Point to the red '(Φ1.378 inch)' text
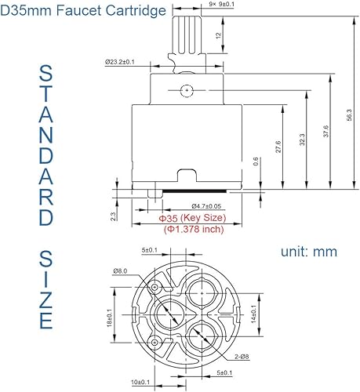pyautogui.click(x=194, y=229)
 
